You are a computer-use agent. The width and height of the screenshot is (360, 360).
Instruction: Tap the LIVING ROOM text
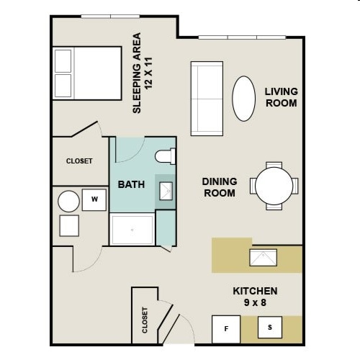pos(281,96)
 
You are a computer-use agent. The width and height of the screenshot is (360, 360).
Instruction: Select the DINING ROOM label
pos(220,187)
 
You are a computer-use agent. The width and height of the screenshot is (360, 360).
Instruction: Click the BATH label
pos(131,184)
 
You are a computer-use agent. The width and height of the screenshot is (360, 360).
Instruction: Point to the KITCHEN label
pos(255,291)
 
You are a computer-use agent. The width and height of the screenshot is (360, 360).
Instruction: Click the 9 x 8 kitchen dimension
pos(255,303)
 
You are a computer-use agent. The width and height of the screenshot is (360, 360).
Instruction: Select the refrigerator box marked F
pos(225,329)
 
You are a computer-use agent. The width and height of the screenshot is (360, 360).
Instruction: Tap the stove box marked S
pos(270,328)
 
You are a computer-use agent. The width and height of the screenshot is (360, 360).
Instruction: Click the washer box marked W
pos(94,199)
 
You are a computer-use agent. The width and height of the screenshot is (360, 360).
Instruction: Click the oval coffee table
pos(243,99)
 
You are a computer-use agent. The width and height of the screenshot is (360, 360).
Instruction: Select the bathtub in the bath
pos(132,229)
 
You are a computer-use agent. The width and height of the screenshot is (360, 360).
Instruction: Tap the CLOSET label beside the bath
pos(79,161)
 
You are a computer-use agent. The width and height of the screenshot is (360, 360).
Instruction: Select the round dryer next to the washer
pos(69,201)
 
